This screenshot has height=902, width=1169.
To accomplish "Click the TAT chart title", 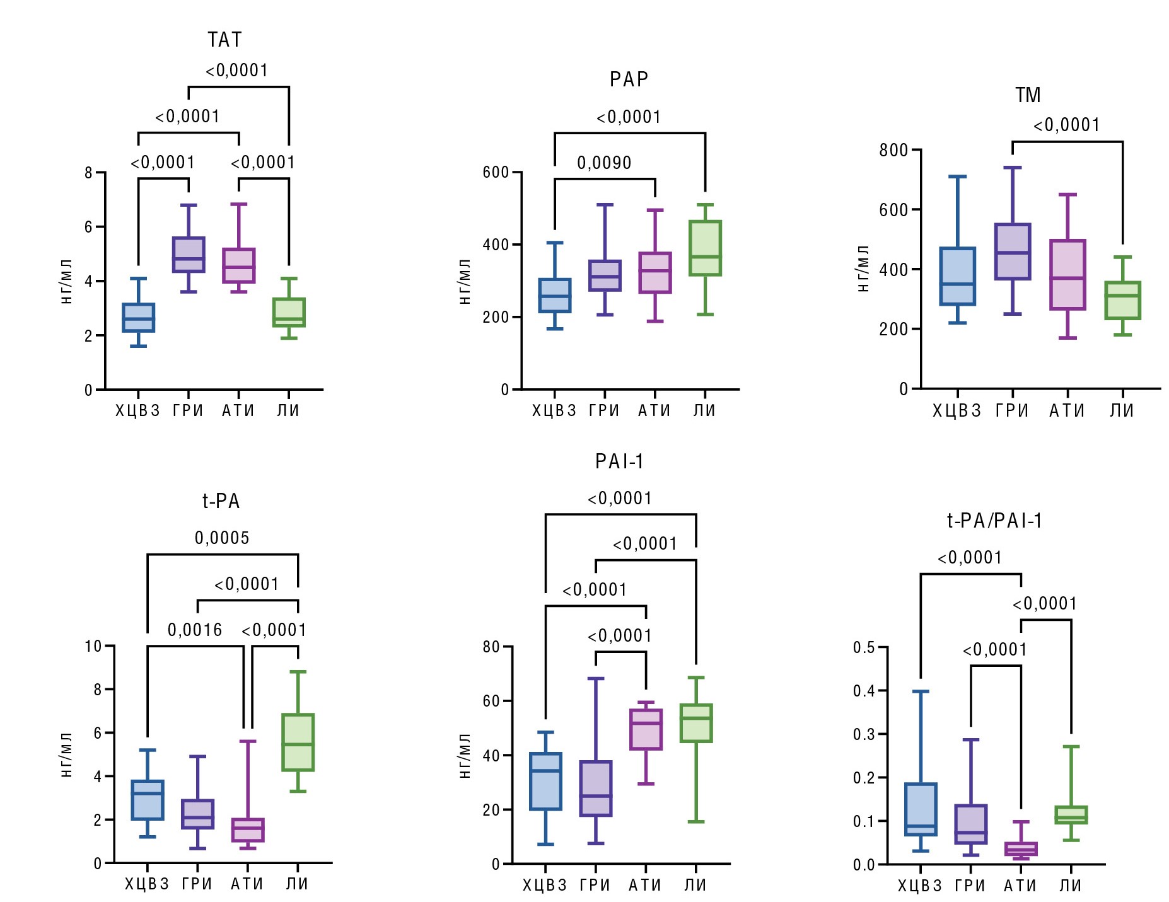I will tap(225, 40).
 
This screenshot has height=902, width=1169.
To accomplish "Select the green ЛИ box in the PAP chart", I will tap(705, 248).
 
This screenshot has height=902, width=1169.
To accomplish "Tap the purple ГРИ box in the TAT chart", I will tap(189, 255).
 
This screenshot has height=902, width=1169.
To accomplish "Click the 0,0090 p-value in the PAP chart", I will tap(604, 163).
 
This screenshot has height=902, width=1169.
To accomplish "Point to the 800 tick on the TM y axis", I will tap(893, 150).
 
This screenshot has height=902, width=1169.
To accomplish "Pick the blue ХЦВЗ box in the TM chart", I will tap(957, 276).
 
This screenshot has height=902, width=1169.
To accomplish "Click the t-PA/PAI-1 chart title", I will tap(994, 521).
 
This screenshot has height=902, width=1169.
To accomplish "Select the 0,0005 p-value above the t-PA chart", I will tap(222, 538).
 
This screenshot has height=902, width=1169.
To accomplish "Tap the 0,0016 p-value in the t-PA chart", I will tap(195, 630).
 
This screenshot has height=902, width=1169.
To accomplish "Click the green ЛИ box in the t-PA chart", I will tap(298, 742).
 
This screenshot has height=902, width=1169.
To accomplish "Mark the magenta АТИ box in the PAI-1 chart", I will tap(646, 729).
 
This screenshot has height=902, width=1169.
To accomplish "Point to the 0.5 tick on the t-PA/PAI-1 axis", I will tap(864, 647).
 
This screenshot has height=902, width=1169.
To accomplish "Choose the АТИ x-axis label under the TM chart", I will tap(1067, 411).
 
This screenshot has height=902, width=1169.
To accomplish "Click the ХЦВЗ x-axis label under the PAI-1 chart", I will tap(545, 885).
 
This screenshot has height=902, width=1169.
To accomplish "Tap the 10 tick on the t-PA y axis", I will tap(93, 646).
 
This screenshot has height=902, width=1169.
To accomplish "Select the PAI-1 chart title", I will tap(619, 462).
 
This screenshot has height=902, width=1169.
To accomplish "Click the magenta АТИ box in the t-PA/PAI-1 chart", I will tap(1020, 849).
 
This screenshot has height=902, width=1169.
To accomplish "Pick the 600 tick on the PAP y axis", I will tap(496, 172).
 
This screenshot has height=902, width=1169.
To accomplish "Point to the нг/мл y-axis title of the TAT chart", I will tap(67, 281).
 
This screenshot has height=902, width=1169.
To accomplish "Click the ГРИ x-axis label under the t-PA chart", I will tap(197, 884).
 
